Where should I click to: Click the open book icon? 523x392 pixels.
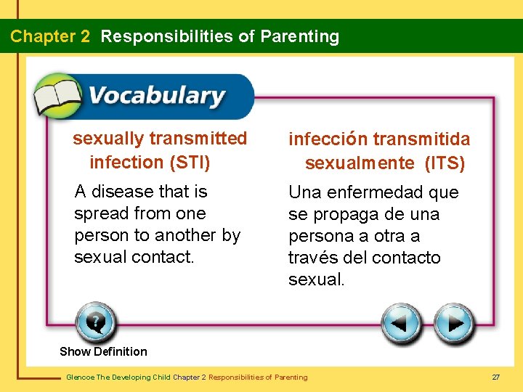pyautogui.click(x=58, y=97)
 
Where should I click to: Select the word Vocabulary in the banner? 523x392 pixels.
pyautogui.click(x=156, y=97)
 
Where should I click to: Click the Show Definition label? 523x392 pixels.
pyautogui.click(x=103, y=351)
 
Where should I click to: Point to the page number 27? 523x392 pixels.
pyautogui.click(x=496, y=377)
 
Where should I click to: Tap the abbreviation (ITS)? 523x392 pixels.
pyautogui.click(x=445, y=163)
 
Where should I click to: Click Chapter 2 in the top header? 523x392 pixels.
pyautogui.click(x=50, y=36)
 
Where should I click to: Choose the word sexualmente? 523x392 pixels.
pyautogui.click(x=361, y=163)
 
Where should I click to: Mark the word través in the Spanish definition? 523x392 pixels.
pyautogui.click(x=312, y=258)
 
